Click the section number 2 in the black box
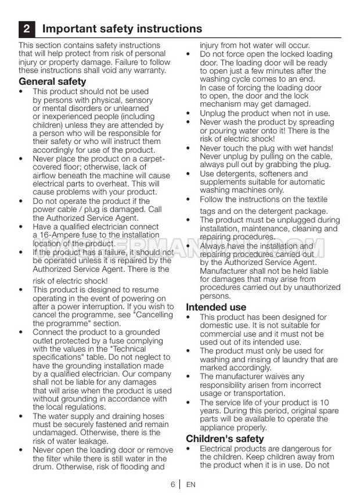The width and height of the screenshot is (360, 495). [27, 28]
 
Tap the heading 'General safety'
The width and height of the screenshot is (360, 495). [52, 82]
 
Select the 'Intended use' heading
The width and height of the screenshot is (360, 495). [216, 307]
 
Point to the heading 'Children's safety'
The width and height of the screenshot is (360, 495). [225, 439]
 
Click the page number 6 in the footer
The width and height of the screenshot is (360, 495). [172, 484]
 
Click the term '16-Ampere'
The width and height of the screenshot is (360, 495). [58, 235]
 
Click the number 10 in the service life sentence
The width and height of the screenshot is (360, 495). [324, 403]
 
